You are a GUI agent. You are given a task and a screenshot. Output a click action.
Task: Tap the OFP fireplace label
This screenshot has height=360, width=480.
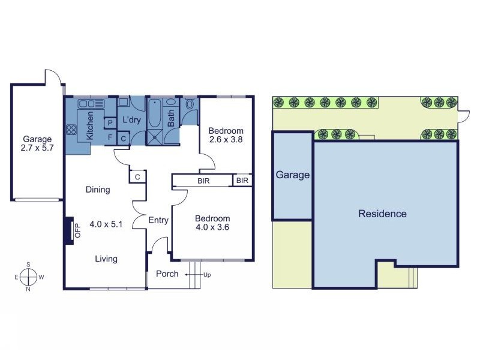pos(77,230)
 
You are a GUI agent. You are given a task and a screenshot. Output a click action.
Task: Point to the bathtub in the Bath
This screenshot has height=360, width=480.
pos(155,114)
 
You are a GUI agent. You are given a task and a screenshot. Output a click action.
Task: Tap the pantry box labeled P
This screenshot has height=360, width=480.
pos(110,123)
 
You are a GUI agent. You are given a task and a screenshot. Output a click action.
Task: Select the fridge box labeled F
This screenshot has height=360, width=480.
pos(110,137)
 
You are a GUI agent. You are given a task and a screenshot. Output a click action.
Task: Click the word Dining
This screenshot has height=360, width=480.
pos(98,190)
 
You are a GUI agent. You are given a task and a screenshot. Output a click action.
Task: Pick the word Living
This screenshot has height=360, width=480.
pos(106,259)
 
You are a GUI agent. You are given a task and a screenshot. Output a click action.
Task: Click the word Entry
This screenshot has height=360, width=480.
pos(158,220)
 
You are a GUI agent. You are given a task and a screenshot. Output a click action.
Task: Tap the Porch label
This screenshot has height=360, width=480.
pos(167,274)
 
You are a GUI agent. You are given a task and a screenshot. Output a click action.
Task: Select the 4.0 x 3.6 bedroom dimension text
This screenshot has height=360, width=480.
pos(212,227)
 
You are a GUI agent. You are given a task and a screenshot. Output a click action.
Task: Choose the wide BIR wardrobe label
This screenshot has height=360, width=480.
pos(203,180)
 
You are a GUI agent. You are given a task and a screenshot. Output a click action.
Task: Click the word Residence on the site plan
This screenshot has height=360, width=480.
pos(382,214)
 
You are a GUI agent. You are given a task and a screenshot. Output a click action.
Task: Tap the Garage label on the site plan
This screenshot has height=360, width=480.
pos(292,175)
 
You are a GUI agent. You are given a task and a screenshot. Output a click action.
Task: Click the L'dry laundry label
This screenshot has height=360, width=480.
pos(131,120)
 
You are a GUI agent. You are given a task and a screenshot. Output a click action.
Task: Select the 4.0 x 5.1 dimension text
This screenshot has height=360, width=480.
pos(106,224)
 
